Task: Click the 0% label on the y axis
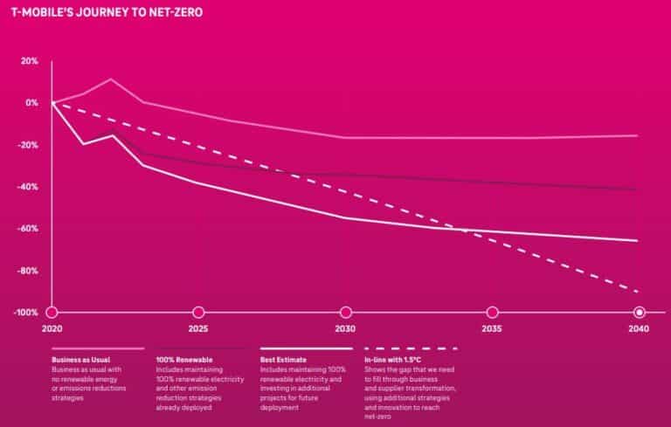(x=31, y=103)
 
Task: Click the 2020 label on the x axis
(x=52, y=330)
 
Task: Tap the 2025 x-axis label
(x=198, y=330)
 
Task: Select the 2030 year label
(x=345, y=330)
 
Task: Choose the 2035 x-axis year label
(x=492, y=330)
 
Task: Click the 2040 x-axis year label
(x=639, y=330)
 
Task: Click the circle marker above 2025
(x=198, y=312)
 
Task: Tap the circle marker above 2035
(x=492, y=312)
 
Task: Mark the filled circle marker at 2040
(x=639, y=312)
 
